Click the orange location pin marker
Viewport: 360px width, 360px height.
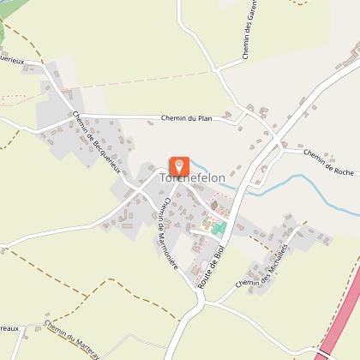pyautogui.click(x=180, y=165)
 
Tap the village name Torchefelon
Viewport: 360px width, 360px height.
pyautogui.click(x=193, y=178)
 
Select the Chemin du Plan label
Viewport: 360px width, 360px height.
pyautogui.click(x=186, y=118)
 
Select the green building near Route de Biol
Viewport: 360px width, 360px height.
pyautogui.click(x=219, y=228)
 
